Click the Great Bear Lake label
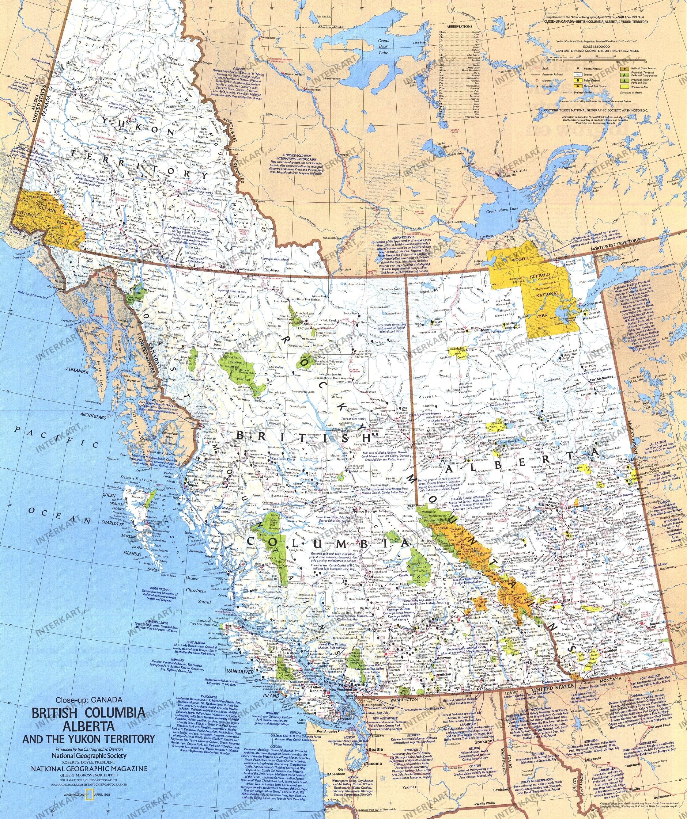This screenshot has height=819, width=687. [384, 46]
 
